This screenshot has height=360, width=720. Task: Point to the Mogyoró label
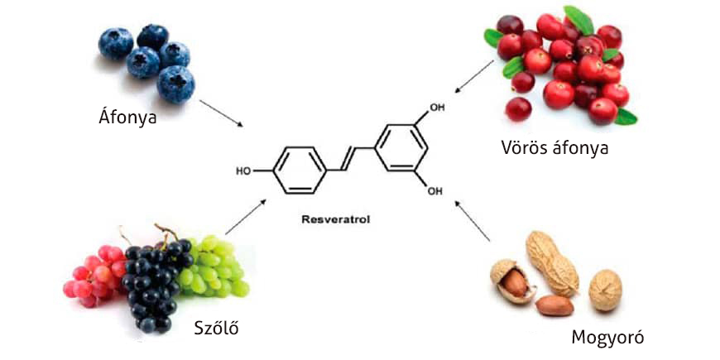[x=607, y=337]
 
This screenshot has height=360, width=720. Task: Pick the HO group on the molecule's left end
[x=243, y=172]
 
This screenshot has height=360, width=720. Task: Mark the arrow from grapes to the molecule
[x=246, y=216]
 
